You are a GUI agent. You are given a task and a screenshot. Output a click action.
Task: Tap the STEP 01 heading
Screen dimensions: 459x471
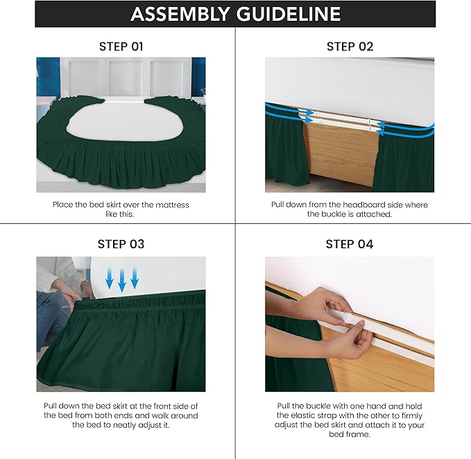point(121,46)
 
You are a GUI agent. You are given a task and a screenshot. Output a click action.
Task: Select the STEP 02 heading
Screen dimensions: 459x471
point(350,46)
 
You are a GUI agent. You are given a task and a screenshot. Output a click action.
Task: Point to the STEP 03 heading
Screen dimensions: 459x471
point(121,244)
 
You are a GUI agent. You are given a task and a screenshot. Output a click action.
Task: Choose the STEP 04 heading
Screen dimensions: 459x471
point(350,244)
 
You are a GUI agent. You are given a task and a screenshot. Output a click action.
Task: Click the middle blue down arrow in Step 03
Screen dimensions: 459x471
point(122,281)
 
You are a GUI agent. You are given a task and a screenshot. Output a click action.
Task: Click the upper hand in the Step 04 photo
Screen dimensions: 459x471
point(323,303)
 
